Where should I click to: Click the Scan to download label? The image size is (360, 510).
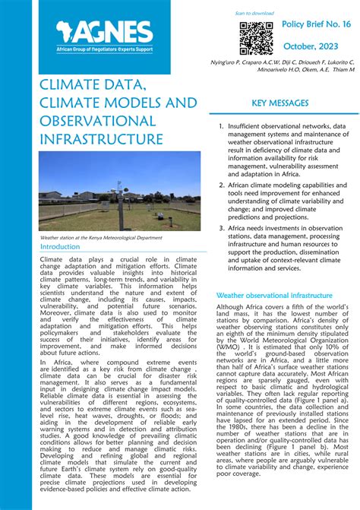(x=254, y=14)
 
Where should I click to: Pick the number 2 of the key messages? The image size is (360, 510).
(x=220, y=185)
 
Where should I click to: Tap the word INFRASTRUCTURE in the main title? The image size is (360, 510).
(x=100, y=140)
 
